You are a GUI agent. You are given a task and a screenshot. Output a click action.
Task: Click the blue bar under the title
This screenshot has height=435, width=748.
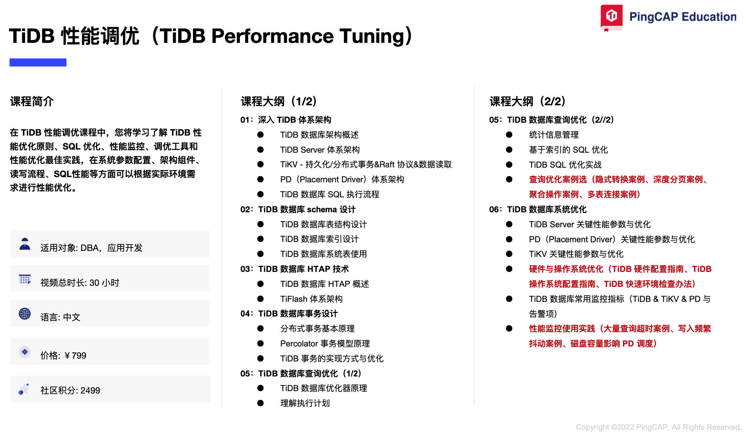tap(38, 62)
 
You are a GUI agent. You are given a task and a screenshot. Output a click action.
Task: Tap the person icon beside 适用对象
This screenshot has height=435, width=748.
tap(25, 244)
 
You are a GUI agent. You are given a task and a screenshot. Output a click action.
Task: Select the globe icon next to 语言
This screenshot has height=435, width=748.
tap(25, 314)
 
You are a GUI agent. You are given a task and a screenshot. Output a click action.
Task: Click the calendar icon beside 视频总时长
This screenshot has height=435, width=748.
tap(25, 279)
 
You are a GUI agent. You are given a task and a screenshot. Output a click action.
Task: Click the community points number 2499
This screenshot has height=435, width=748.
tap(90, 390)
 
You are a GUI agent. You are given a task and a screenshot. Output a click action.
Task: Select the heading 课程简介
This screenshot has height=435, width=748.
tap(32, 101)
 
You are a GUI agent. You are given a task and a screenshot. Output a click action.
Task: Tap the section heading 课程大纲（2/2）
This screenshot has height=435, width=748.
tap(528, 101)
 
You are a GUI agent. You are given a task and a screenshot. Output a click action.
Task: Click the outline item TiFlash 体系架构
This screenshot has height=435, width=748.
tap(311, 299)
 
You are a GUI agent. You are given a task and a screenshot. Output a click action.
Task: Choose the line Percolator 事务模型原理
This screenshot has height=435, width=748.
tap(325, 344)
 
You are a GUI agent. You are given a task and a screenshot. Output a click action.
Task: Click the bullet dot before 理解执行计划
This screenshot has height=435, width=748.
tap(260, 403)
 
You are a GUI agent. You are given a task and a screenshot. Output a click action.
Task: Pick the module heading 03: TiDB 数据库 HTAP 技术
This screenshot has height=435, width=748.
tap(295, 269)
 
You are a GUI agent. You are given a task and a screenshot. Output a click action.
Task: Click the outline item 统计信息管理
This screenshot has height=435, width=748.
tap(554, 135)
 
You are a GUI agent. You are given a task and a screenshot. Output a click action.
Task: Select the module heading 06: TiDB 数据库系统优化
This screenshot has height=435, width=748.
tap(538, 209)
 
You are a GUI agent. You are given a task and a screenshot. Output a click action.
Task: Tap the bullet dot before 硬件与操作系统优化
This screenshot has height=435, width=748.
tap(509, 269)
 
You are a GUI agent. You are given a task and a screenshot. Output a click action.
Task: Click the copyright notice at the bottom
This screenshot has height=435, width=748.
tap(659, 427)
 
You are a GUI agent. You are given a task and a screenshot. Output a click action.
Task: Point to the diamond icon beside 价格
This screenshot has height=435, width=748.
tap(25, 352)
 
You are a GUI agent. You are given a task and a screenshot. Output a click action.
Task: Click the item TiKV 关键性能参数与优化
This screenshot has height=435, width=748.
tap(576, 254)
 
